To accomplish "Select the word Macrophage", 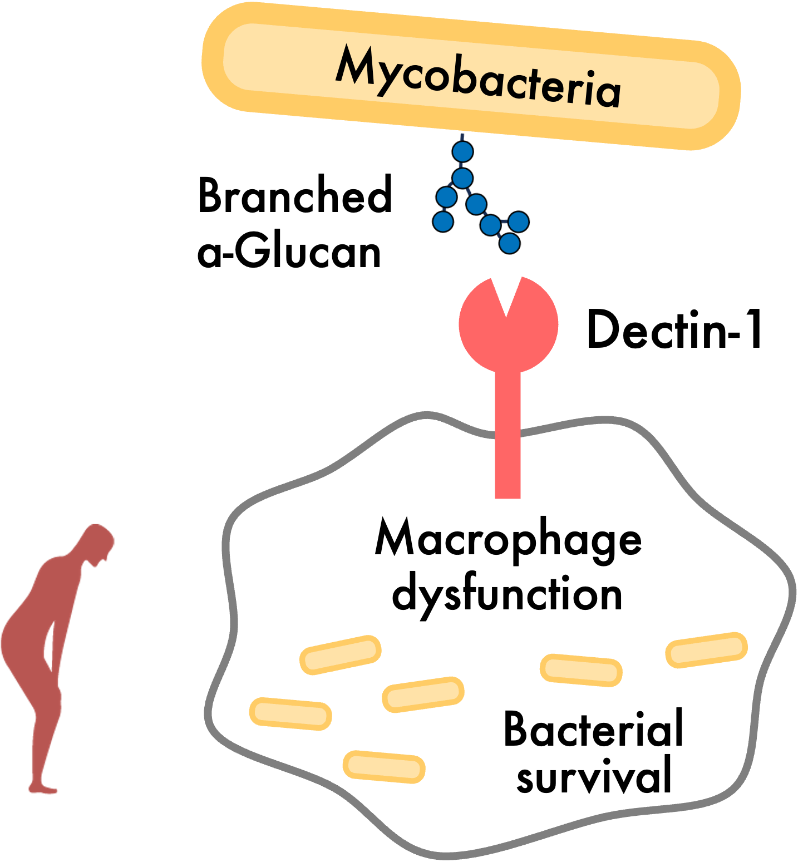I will click(x=508, y=539).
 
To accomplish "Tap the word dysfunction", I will click(x=506, y=594).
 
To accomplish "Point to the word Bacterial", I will click(x=593, y=729).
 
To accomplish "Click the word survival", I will click(x=594, y=776).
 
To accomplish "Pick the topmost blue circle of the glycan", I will click(x=462, y=151).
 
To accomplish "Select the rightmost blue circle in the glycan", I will click(x=518, y=221).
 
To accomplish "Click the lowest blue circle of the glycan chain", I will click(x=509, y=243).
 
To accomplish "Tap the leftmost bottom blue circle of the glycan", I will click(x=444, y=221).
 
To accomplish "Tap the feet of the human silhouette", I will click(x=43, y=788).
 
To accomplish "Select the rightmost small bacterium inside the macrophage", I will click(x=706, y=649).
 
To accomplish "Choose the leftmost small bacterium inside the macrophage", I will click(x=290, y=713).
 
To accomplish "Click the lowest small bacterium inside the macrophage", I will click(x=384, y=766).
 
